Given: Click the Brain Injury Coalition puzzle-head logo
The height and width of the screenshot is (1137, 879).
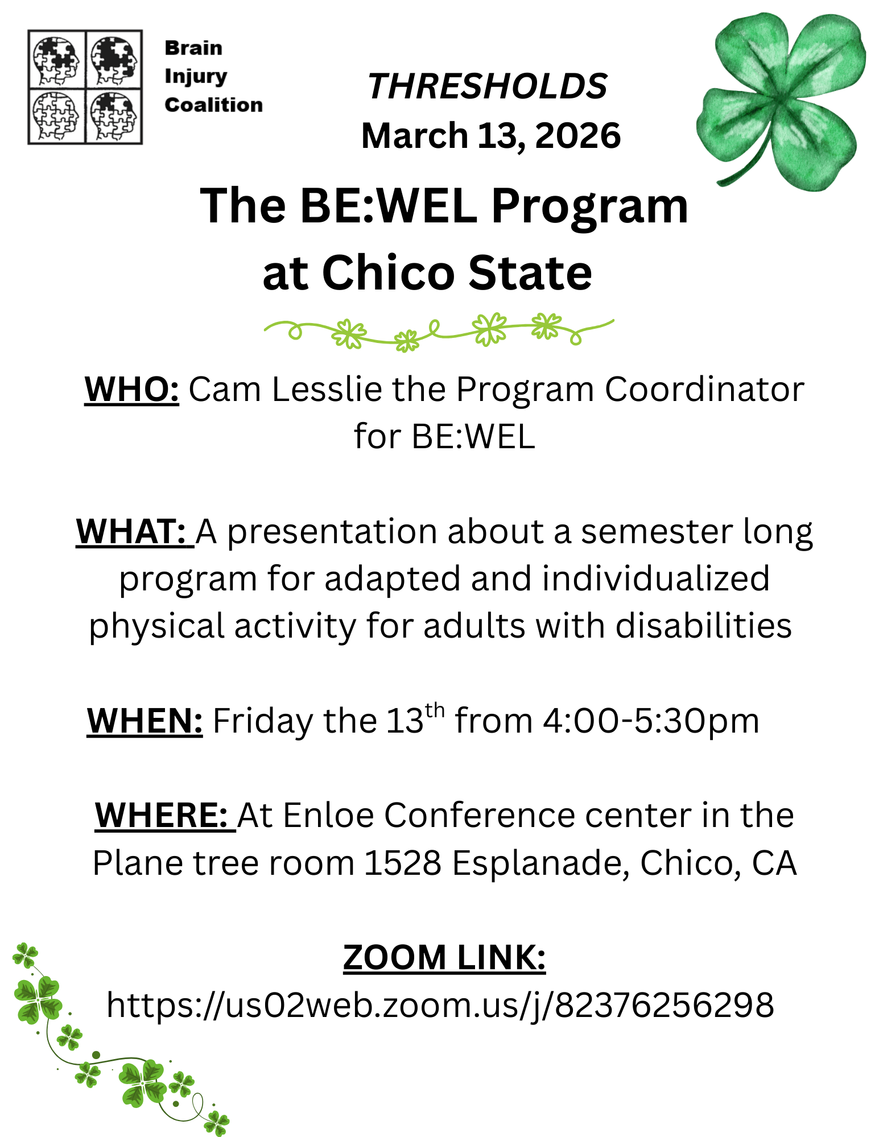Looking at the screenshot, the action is (x=85, y=87).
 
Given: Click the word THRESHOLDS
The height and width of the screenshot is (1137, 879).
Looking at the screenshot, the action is (x=488, y=86).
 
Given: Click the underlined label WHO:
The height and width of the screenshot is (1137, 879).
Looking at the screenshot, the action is (x=132, y=390).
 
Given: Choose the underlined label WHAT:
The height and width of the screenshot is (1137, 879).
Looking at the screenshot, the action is (x=135, y=532).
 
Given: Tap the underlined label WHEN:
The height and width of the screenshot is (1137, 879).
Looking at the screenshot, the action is (x=145, y=721).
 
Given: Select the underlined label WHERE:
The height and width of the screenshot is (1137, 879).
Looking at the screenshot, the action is (x=165, y=815).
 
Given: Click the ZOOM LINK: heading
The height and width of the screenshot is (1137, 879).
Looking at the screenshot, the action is (x=444, y=957).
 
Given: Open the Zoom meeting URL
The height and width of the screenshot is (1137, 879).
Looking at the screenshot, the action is (x=440, y=1005).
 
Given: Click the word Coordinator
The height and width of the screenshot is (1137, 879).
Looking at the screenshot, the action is (x=704, y=390).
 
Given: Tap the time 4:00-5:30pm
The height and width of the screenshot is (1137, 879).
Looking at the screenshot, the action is (x=651, y=721).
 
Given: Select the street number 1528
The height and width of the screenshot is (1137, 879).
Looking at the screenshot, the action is (x=403, y=863).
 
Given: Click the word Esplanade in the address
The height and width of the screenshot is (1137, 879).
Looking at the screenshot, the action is (x=541, y=864).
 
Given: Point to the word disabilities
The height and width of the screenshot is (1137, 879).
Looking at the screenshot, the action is (x=704, y=626).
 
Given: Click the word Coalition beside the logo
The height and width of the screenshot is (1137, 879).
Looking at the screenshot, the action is (x=214, y=105).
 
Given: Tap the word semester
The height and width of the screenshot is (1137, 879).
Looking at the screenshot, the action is (x=657, y=533).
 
